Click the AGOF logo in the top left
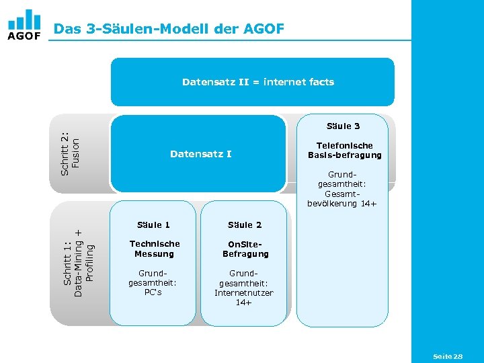point(24,26)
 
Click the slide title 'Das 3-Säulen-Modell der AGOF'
point(168,29)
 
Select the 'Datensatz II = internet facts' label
point(258,82)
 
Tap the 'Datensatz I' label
point(200,154)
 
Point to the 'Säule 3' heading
point(343,126)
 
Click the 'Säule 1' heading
point(153,225)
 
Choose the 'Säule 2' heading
point(245,225)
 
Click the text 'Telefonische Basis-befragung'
point(344,151)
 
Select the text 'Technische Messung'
point(154,249)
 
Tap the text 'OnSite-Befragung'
point(245,249)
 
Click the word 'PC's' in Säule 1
point(153,292)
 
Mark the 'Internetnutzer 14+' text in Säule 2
point(244,297)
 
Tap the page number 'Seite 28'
point(447,356)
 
